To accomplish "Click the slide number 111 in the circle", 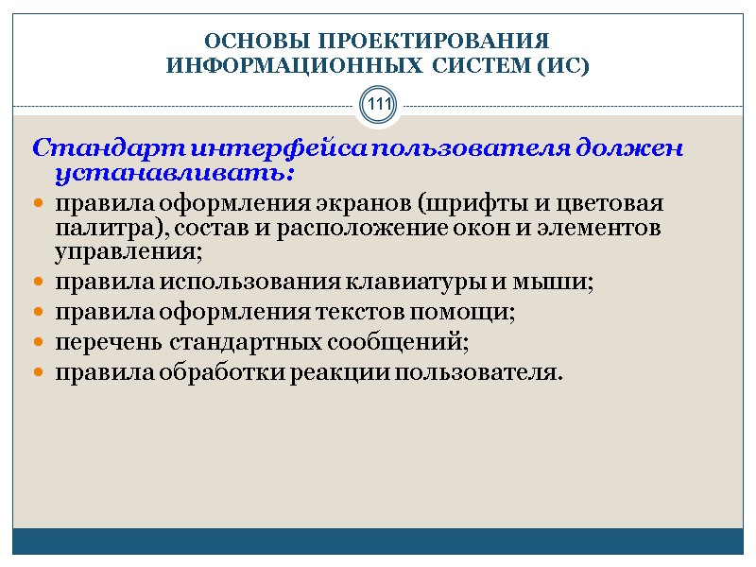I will [x=378, y=105].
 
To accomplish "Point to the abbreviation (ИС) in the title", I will [x=560, y=67].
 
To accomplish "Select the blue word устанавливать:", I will [x=175, y=175].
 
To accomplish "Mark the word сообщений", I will [x=406, y=342].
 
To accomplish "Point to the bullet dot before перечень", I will [x=38, y=343].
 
